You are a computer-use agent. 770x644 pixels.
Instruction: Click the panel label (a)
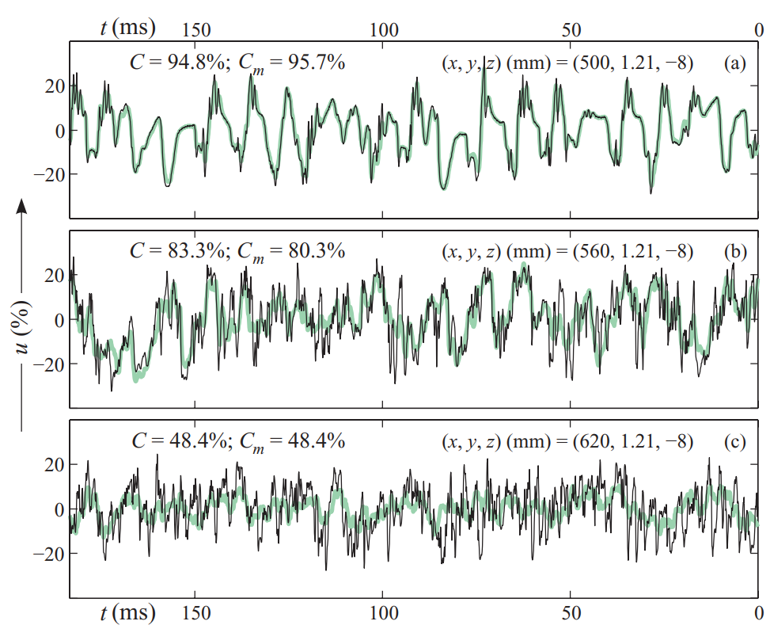tap(735, 63)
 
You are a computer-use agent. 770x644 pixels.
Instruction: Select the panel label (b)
tap(735, 251)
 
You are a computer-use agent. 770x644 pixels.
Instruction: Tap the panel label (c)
tap(735, 441)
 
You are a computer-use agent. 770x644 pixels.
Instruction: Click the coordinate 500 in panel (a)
tap(594, 63)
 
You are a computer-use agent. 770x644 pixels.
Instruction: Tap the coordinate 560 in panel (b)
tap(594, 251)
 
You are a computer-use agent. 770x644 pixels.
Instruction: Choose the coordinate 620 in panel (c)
tap(594, 441)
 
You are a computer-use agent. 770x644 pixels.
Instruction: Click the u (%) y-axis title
tap(23, 326)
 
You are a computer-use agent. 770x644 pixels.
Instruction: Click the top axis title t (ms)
tap(127, 28)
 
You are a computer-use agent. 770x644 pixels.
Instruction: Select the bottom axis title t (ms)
tap(127, 613)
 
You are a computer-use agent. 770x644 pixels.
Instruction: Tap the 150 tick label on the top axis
tap(196, 30)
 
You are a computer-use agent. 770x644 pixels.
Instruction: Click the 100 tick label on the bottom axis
tap(384, 613)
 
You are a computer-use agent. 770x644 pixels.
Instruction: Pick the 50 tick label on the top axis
tap(571, 30)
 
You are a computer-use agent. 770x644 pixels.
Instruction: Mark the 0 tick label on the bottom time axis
tap(759, 613)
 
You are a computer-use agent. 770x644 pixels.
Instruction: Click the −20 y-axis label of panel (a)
tap(49, 174)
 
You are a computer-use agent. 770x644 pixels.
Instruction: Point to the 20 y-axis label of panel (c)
tap(55, 464)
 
